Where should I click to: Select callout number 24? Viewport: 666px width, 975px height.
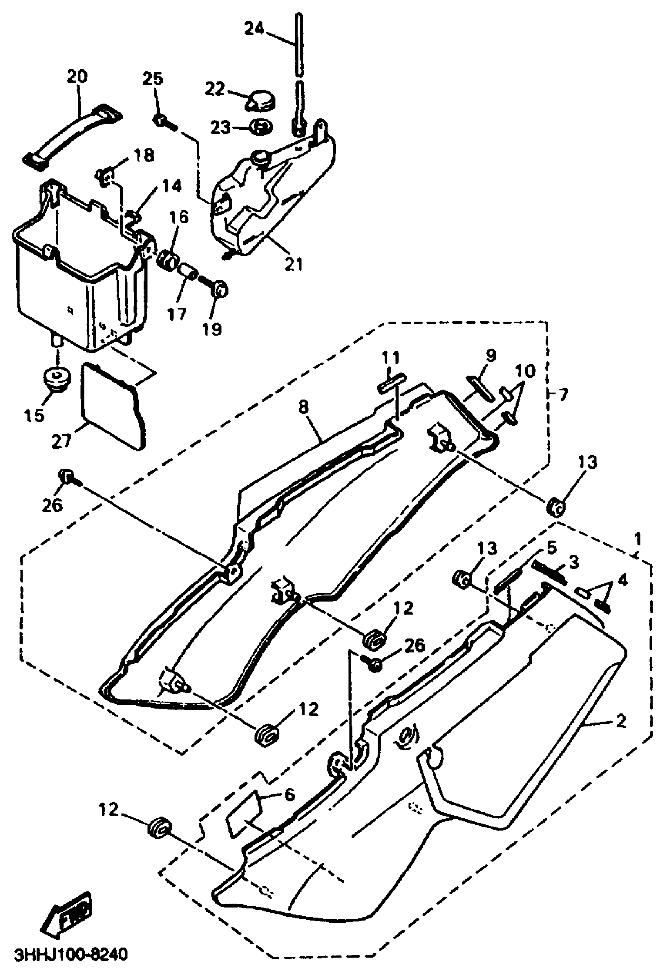click(x=254, y=29)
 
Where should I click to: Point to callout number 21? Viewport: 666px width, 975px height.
click(x=293, y=264)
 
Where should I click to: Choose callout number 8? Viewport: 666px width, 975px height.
click(x=303, y=407)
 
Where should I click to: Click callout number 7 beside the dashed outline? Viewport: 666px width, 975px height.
click(x=563, y=394)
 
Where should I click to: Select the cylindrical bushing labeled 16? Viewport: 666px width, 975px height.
click(x=167, y=260)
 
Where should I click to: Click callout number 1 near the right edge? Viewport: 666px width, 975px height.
click(x=637, y=540)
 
